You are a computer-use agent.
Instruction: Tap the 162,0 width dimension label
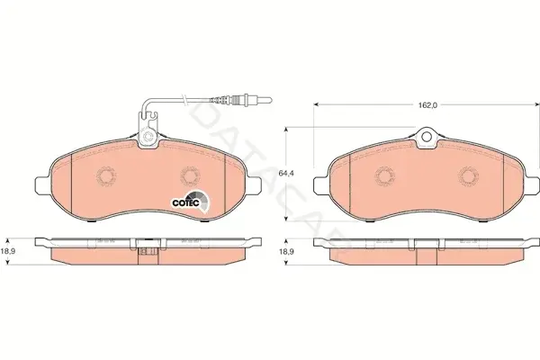tap(427, 105)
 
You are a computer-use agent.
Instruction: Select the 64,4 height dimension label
tap(285, 174)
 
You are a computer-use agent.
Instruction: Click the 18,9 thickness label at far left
tap(7, 251)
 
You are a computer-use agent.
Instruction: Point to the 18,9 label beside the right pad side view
tap(286, 252)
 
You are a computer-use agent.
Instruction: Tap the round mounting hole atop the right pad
tap(427, 137)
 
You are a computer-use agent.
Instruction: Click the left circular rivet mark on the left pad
tap(106, 176)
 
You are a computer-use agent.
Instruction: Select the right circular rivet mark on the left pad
tap(190, 176)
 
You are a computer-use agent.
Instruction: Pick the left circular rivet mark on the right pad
tap(384, 176)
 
